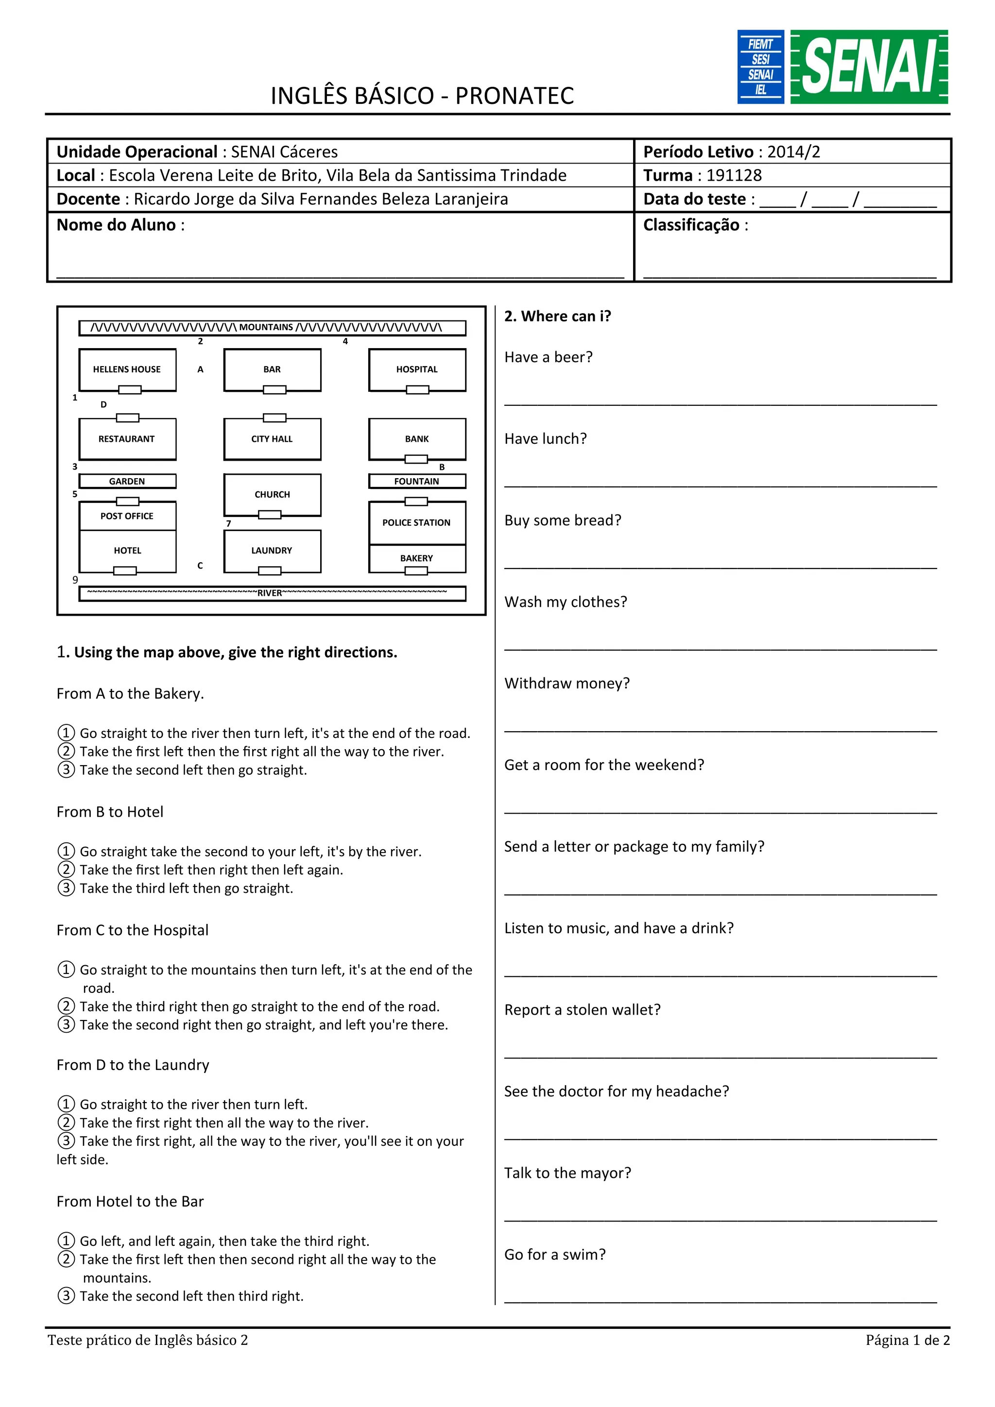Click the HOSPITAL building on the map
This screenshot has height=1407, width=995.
coord(417,369)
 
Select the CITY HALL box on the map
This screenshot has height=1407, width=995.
coord(272,439)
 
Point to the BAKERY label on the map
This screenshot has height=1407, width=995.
coord(416,558)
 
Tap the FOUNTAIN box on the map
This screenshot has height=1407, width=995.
coord(417,481)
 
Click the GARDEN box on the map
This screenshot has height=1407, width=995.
coord(127,481)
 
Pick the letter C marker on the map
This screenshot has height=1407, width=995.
coord(200,566)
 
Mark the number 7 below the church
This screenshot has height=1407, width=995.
coord(229,523)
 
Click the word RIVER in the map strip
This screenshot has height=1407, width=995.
coord(270,593)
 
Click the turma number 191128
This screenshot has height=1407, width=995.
coord(733,175)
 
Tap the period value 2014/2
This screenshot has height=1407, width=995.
coord(793,151)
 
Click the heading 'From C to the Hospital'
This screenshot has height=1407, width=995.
coord(133,930)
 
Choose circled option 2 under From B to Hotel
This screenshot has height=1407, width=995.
coord(66,870)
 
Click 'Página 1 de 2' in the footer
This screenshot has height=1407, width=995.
coord(908,1340)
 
